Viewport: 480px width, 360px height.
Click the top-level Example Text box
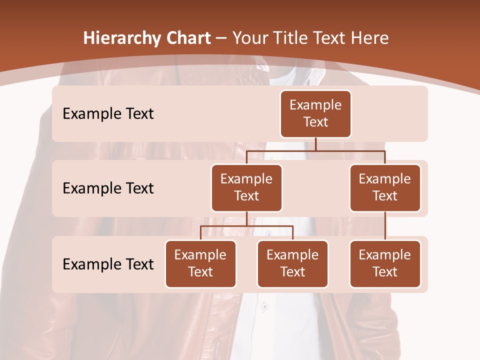pyautogui.click(x=315, y=113)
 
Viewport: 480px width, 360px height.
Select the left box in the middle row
pyautogui.click(x=246, y=187)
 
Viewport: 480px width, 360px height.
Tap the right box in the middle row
pyautogui.click(x=385, y=187)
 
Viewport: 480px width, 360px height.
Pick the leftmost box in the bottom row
pyautogui.click(x=200, y=263)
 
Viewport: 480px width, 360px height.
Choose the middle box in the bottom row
pyautogui.click(x=292, y=263)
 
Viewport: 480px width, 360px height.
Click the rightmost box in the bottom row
pyautogui.click(x=385, y=263)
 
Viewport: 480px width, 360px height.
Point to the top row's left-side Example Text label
pyautogui.click(x=108, y=114)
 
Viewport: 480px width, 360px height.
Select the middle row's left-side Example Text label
pyautogui.click(x=108, y=188)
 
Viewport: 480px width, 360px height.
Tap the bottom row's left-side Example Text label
pyautogui.click(x=108, y=264)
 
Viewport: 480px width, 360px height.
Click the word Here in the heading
pyautogui.click(x=370, y=38)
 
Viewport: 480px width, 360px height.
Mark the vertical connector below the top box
pyautogui.click(x=315, y=144)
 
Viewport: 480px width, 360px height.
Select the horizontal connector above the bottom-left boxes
pyautogui.click(x=246, y=226)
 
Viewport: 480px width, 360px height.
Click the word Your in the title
pyautogui.click(x=250, y=38)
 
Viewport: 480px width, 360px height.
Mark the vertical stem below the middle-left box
pyautogui.click(x=246, y=218)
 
